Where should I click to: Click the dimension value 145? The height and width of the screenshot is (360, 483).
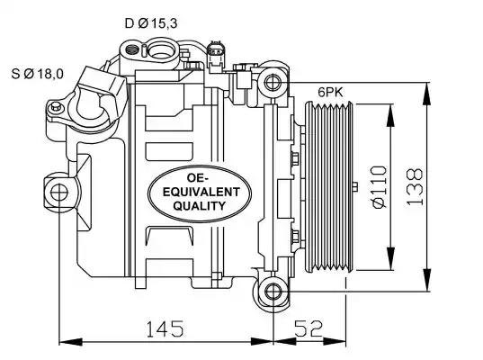tap(165, 328)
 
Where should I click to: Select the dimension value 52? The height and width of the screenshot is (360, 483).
tap(309, 328)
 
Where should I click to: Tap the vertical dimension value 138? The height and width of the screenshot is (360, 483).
tap(415, 187)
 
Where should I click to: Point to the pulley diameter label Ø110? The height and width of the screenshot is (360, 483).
tap(379, 187)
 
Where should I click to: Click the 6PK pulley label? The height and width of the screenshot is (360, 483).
tap(330, 92)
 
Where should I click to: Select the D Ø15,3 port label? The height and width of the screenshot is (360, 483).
tap(151, 23)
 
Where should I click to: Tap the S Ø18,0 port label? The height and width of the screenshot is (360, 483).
tap(37, 74)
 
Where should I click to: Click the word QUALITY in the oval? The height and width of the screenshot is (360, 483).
tap(200, 205)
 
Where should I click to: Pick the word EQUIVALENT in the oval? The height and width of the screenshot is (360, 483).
tap(201, 192)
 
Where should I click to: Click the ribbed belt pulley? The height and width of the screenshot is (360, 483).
tap(328, 187)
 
